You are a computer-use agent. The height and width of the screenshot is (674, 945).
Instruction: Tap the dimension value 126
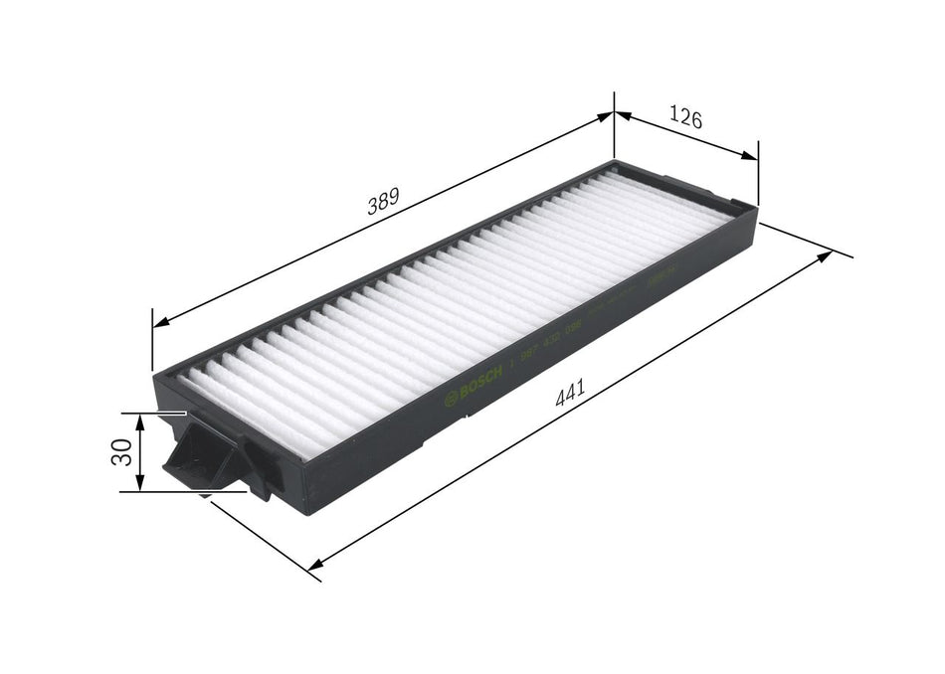[684, 119]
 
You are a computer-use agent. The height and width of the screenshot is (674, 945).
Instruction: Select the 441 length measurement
[569, 393]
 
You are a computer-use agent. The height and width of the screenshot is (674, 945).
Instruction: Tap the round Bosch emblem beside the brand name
[452, 400]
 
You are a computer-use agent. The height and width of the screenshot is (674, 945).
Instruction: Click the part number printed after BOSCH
[551, 344]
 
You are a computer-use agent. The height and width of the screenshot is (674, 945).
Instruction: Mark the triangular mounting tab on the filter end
[202, 458]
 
